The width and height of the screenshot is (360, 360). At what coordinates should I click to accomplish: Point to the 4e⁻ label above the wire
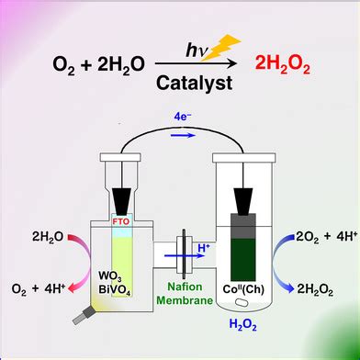[180, 118]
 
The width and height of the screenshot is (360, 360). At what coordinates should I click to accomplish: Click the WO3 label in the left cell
[116, 276]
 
